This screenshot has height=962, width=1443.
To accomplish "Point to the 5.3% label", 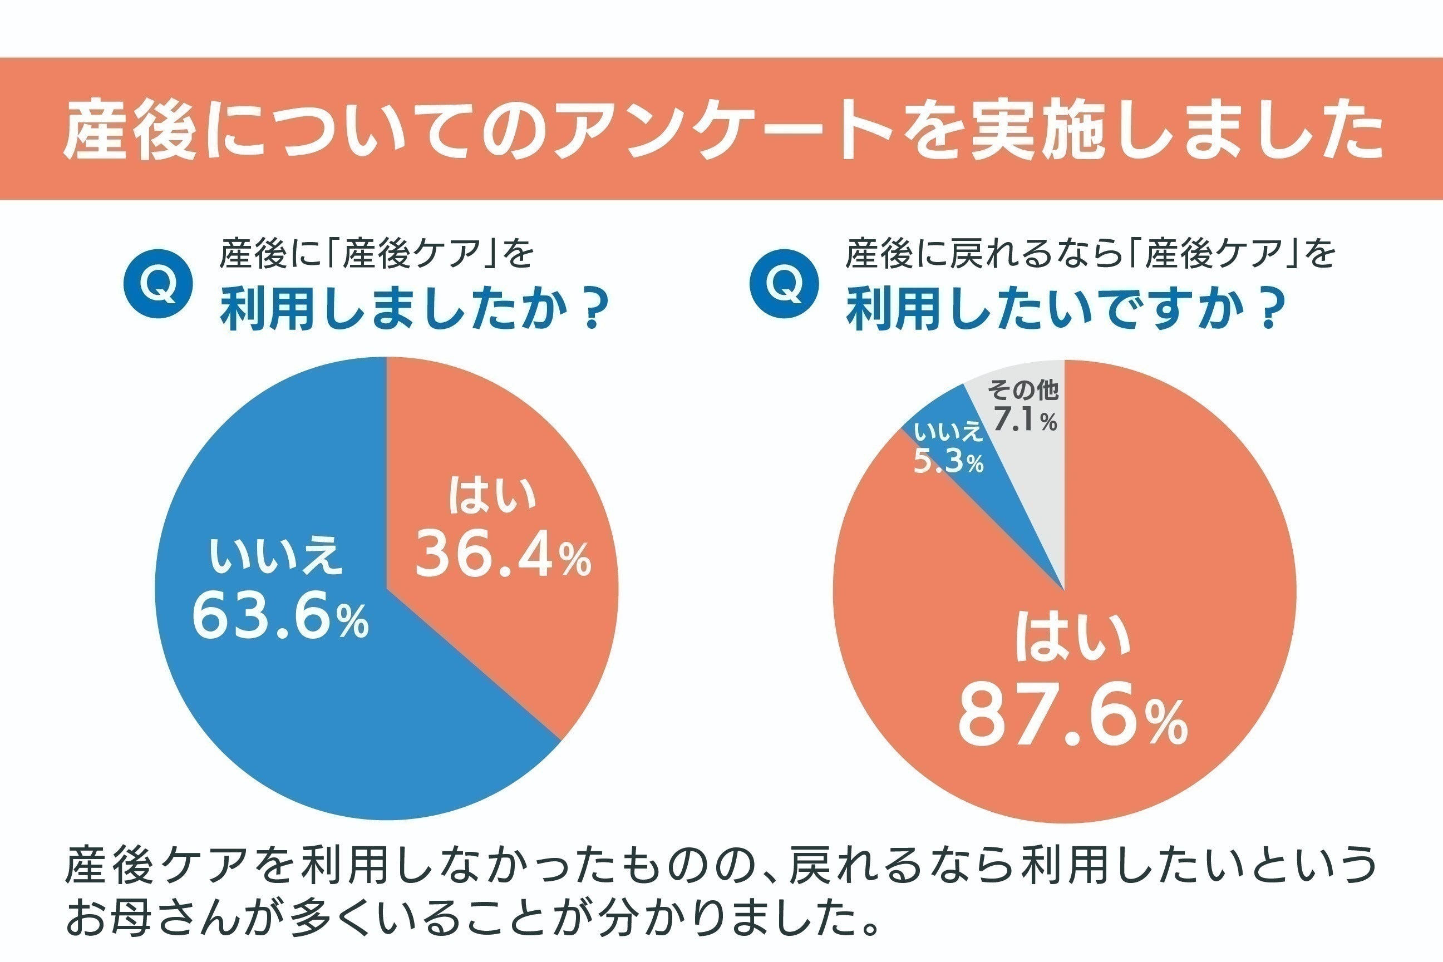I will pos(948,462).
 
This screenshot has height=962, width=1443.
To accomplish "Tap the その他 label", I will pos(1023,390).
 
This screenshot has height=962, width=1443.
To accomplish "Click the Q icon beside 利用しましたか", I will pos(158,283).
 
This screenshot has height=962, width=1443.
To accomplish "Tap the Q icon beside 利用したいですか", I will pos(784,283).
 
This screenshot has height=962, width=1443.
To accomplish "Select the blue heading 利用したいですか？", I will pos(1066,310).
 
